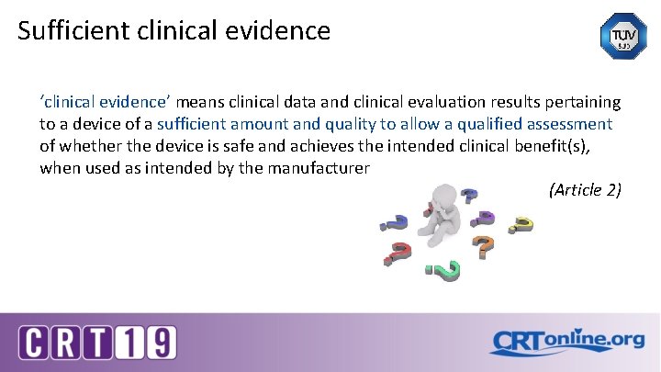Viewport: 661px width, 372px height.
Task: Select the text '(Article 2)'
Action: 585,190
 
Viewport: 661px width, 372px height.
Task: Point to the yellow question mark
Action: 521,224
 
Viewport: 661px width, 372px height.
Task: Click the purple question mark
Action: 485,219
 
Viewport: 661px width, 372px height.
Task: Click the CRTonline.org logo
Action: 567,342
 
